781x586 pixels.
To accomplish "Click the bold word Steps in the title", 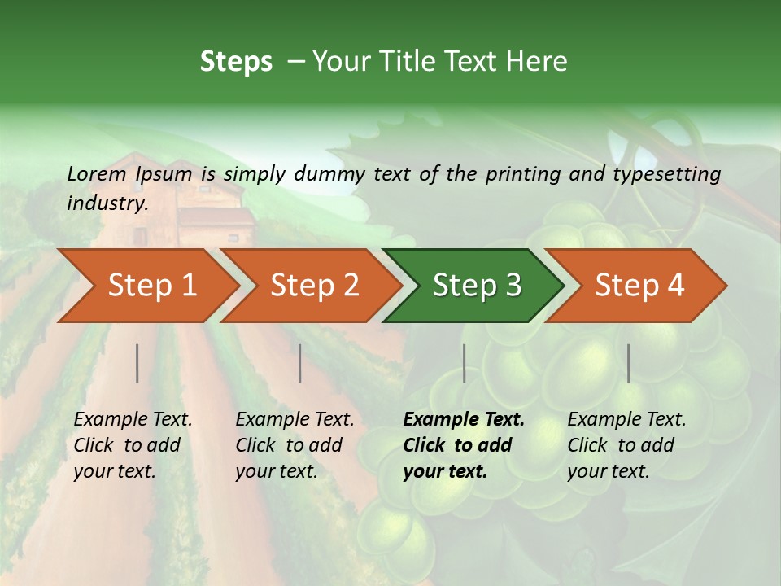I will pyautogui.click(x=236, y=62).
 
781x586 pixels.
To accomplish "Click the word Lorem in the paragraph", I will pyautogui.click(x=96, y=173).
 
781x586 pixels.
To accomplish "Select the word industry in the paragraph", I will pyautogui.click(x=106, y=203).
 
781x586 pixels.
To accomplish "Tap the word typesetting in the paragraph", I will pyautogui.click(x=666, y=173).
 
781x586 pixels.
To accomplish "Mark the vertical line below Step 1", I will pyautogui.click(x=137, y=363).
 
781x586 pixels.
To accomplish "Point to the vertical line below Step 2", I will pyautogui.click(x=300, y=363).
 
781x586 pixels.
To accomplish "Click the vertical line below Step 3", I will pyautogui.click(x=464, y=363).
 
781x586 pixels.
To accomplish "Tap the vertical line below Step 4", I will pyautogui.click(x=628, y=363).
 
